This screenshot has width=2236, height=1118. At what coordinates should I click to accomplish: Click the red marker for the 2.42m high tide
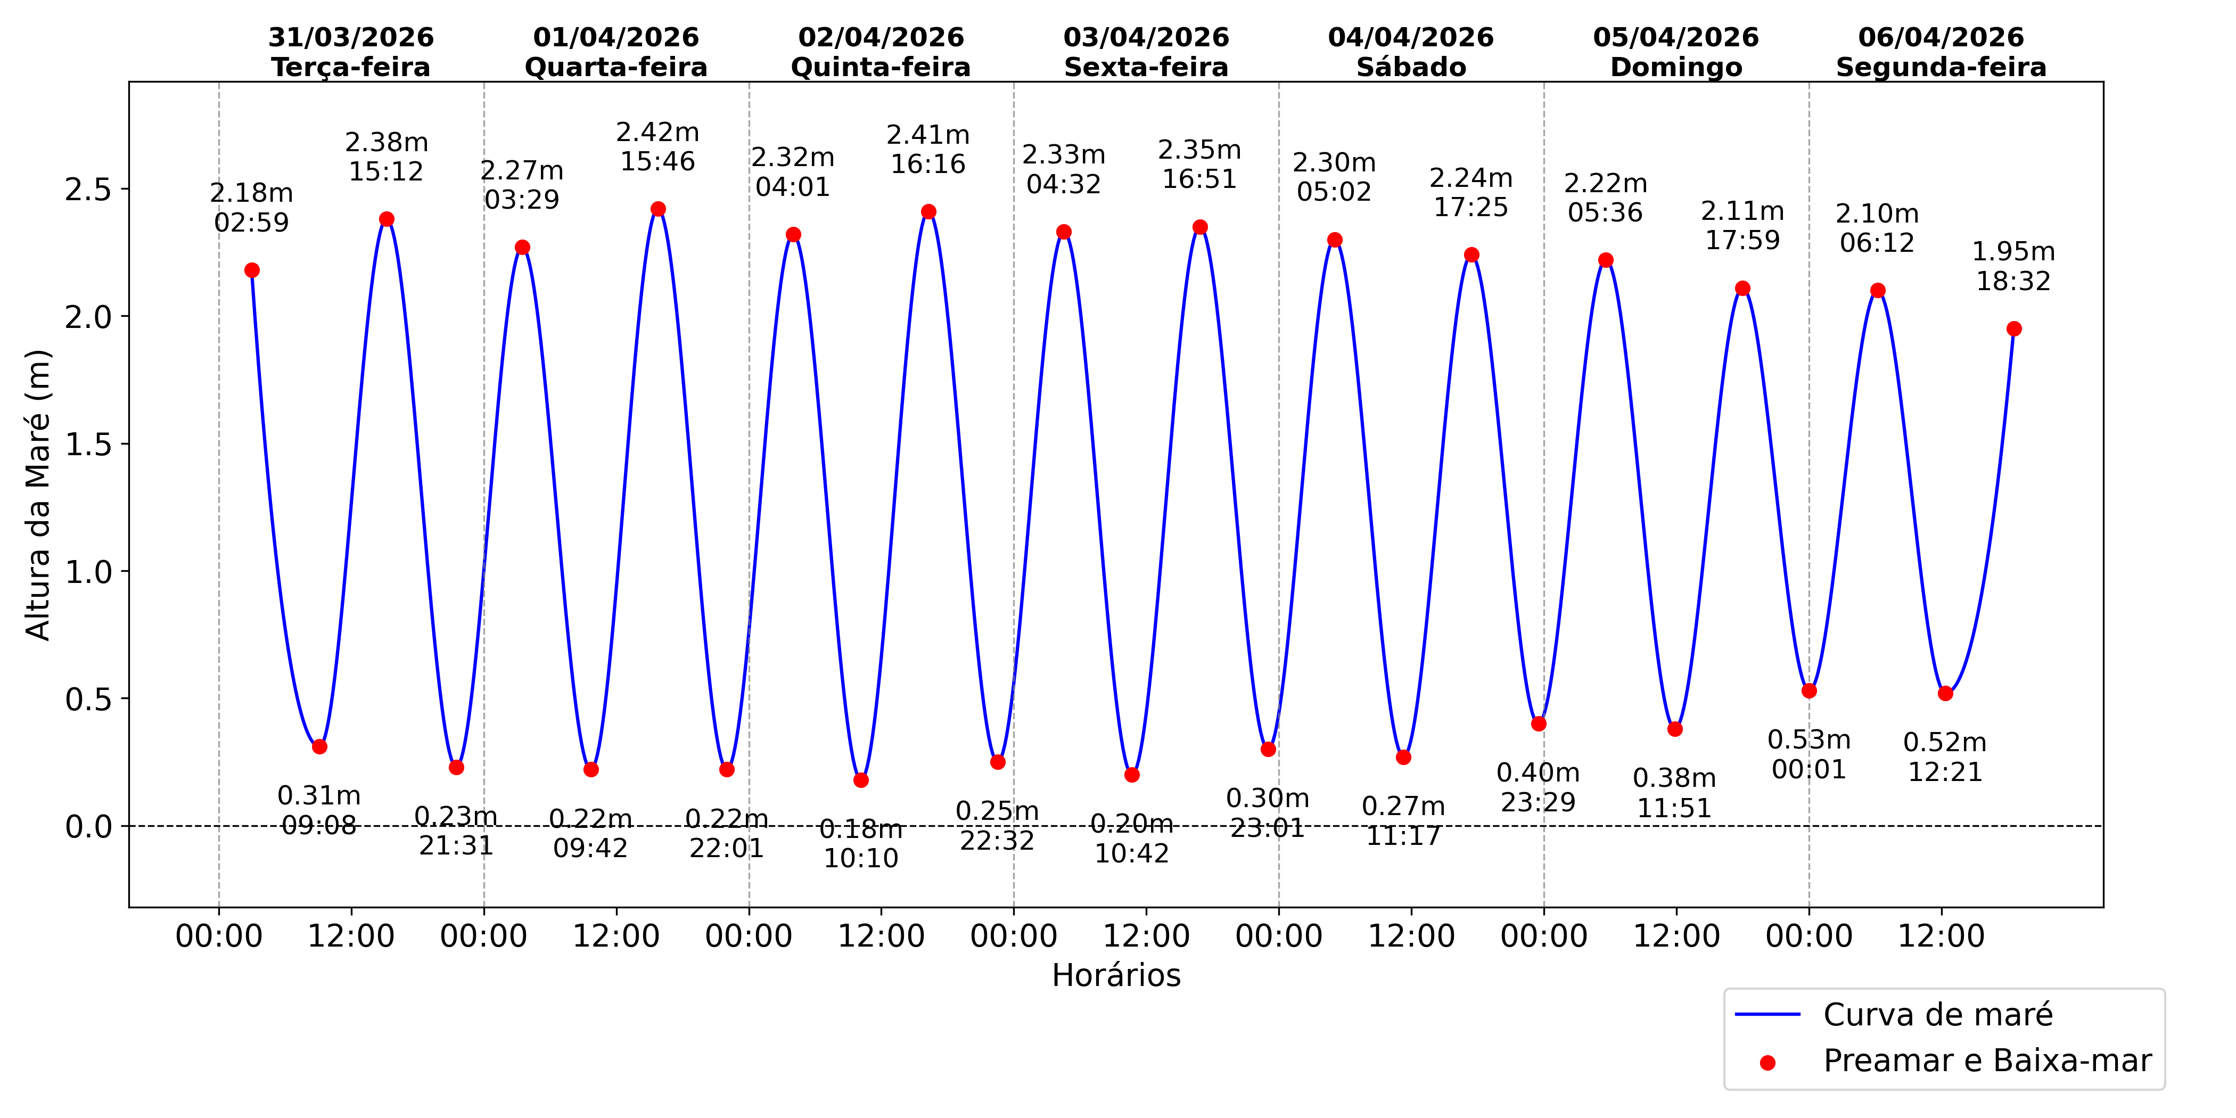pos(658,209)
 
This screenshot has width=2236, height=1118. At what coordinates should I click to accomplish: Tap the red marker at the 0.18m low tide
pos(861,780)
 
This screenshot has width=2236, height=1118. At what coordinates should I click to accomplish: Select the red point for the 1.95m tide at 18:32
pos(2014,329)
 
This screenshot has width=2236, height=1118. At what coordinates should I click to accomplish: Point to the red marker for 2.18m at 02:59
pos(252,270)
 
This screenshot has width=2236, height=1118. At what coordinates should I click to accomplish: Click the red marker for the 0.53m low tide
pos(1809,691)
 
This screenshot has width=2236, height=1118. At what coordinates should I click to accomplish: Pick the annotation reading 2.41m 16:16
pos(928,149)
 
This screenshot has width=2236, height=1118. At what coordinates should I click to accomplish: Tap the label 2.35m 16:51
pos(1199,164)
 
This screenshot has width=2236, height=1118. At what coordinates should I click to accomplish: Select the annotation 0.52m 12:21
pos(1944,757)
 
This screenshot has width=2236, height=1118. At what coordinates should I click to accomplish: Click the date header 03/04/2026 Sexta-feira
pos(1146,52)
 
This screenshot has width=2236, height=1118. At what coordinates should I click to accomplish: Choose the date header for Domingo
pos(1676,52)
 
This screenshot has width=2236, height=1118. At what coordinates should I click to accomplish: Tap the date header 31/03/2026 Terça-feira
pos(351,52)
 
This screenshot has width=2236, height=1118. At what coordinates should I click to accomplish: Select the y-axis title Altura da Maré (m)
pos(38,495)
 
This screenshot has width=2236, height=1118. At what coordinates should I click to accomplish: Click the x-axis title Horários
pos(1116,976)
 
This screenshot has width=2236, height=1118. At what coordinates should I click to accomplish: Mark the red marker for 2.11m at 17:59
pos(1742,288)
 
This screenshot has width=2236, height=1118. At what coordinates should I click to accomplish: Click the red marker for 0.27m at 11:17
pos(1403,758)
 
